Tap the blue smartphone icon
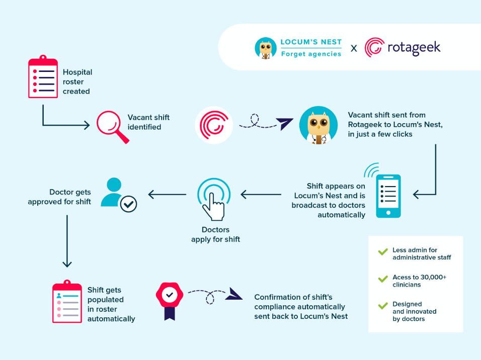pos(388,196)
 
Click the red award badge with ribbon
pos(170,301)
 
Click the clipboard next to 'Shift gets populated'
pos(67,302)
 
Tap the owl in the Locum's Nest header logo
pos(266,48)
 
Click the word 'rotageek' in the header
pos(414,48)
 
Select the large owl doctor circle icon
pos(318,125)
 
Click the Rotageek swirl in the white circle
pos(214,125)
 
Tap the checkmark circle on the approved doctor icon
pos(128,204)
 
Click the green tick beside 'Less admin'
pos(383,252)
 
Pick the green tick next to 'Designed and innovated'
pos(383,306)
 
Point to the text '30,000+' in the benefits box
pos(433,277)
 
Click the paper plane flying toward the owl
pos(284,124)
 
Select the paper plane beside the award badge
pos(234,294)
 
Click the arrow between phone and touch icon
pos(261,194)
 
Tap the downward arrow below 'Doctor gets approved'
pos(67,241)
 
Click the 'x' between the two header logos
pos(354,48)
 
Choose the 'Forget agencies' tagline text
pos(311,54)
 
